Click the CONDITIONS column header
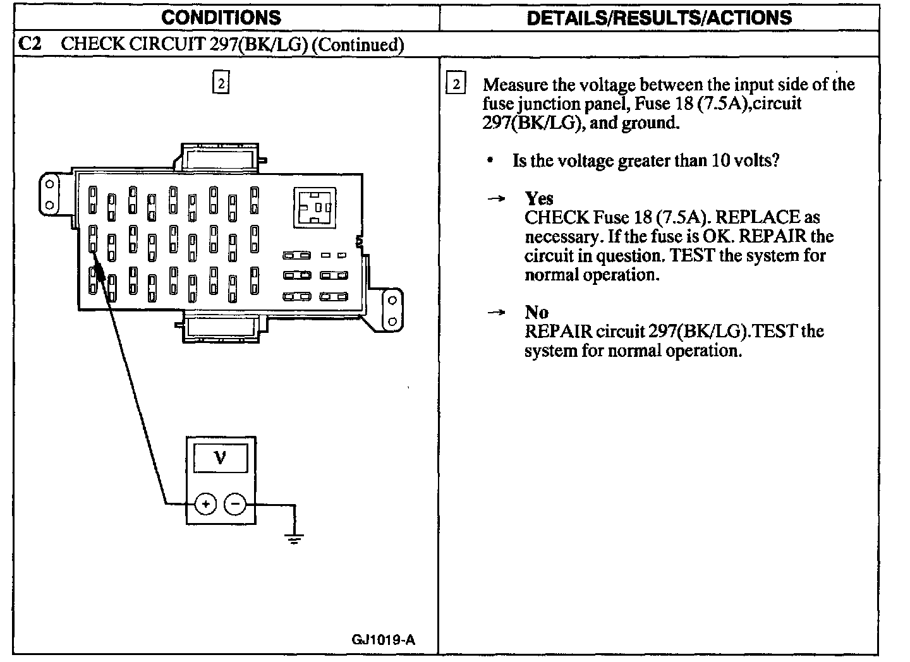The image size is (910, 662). tap(221, 17)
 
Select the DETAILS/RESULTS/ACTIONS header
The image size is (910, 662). tap(658, 17)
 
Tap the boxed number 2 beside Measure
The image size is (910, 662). tap(456, 85)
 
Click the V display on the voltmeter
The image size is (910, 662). tap(221, 457)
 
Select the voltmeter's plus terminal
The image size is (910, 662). tap(205, 503)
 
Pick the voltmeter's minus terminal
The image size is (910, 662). tap(235, 503)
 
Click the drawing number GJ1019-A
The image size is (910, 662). tap(384, 640)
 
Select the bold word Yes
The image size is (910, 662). tap(539, 198)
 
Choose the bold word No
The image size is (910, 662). tap(537, 312)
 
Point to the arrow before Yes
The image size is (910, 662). tap(497, 199)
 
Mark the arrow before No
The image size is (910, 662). tap(497, 313)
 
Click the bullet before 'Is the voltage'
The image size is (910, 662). tap(490, 161)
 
